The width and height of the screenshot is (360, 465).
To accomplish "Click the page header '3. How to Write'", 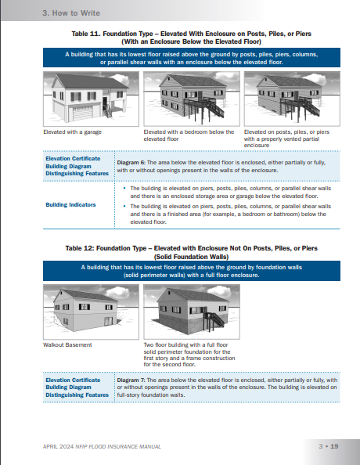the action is click(x=71, y=13).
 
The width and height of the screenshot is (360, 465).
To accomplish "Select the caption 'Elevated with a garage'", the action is click(x=72, y=132).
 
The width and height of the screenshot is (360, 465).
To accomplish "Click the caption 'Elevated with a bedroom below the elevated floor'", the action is click(x=189, y=135).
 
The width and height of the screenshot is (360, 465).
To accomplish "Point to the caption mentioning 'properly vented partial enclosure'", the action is click(x=286, y=139).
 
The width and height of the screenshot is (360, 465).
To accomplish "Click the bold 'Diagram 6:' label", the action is click(x=131, y=163).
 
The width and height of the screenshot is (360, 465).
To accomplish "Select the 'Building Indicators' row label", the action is click(x=70, y=204).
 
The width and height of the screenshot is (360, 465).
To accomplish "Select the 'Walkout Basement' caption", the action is click(x=67, y=345).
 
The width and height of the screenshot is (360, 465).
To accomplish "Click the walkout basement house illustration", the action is click(x=91, y=312).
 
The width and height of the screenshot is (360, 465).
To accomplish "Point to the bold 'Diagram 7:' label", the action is click(x=131, y=380).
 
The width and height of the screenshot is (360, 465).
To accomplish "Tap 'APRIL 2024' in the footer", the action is click(x=58, y=446).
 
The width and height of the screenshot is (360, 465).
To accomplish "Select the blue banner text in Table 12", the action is click(x=192, y=271).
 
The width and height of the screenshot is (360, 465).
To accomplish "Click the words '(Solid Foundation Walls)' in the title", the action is click(x=191, y=257).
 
